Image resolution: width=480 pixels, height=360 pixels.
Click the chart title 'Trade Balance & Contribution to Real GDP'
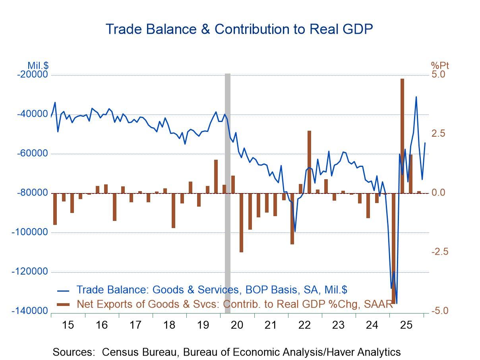pos(239,29)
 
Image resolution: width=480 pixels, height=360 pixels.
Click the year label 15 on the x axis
pos(68,325)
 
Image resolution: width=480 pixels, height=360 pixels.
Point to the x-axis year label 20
pos(237,325)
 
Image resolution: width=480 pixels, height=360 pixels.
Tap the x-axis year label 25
pos(406,325)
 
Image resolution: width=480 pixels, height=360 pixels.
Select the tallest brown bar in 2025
pos(402,135)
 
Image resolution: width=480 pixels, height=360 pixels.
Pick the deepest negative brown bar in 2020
pos(241,223)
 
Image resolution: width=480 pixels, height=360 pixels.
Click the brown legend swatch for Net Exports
pos(63,305)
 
